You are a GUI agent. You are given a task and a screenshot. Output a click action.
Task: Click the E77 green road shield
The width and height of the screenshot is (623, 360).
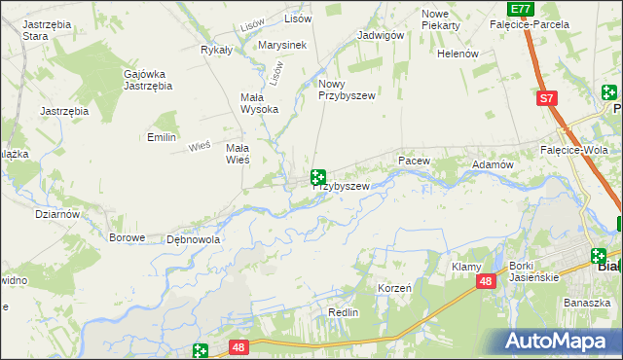[x=522, y=8]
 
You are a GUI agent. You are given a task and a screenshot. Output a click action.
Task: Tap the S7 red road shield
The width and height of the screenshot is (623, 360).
[x=548, y=98]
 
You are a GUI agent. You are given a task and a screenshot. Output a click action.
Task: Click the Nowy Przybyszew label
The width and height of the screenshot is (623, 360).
[x=346, y=90]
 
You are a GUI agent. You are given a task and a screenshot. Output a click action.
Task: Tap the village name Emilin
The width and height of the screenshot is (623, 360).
[x=161, y=137]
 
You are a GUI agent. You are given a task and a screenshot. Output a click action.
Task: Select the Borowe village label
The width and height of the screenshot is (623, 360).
[x=128, y=237]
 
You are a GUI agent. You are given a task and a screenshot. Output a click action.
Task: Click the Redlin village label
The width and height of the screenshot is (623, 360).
[x=344, y=312]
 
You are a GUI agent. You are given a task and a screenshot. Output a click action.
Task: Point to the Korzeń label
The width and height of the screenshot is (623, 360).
[x=395, y=289]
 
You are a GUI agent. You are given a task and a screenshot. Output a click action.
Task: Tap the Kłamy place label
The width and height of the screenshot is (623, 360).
[x=467, y=267]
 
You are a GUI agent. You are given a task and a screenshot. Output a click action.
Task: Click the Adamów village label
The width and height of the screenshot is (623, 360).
[x=493, y=165]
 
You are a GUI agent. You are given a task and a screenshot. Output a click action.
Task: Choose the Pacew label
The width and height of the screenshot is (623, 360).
[x=413, y=159]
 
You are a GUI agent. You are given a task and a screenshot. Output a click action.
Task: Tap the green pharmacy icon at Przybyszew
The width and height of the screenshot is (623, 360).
[x=317, y=177]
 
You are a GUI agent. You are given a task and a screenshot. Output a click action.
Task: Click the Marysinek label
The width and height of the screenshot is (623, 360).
[x=282, y=45]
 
